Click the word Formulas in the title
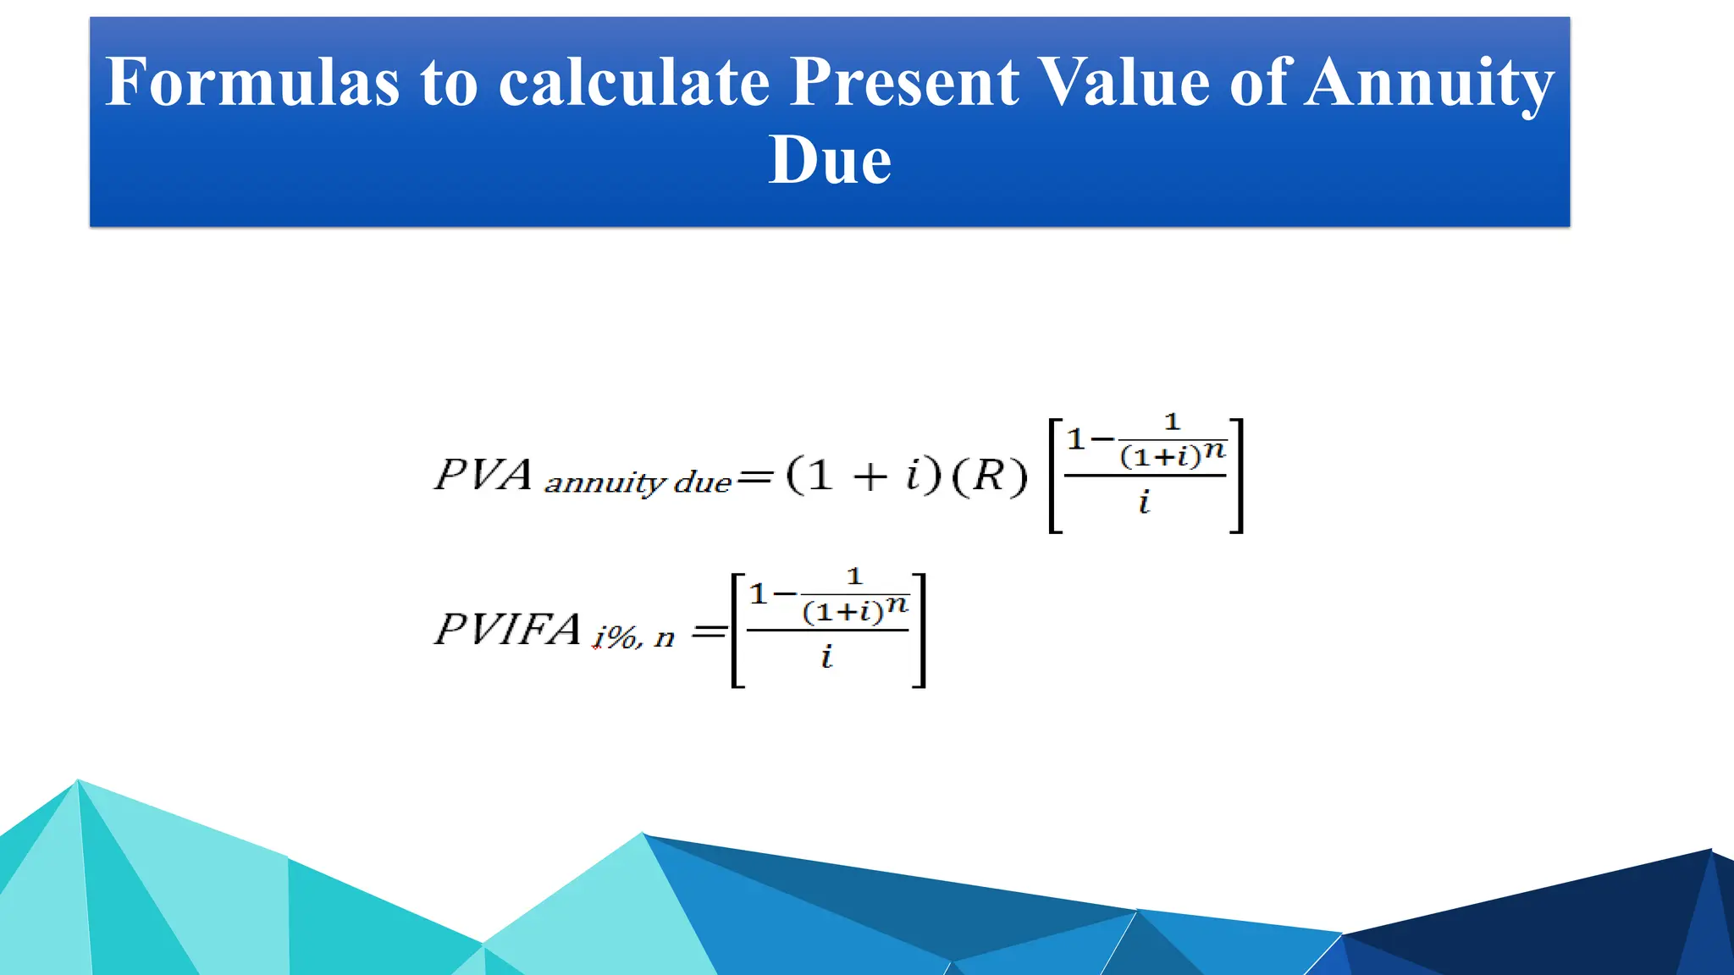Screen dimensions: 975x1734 pyautogui.click(x=252, y=82)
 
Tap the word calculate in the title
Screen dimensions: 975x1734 pyautogui.click(x=634, y=82)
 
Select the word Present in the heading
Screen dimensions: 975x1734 pyautogui.click(x=904, y=82)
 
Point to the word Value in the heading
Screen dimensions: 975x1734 pyautogui.click(x=1124, y=82)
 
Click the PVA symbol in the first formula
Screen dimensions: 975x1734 pyautogui.click(x=483, y=474)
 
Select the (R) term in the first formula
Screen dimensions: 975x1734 pyautogui.click(x=990, y=476)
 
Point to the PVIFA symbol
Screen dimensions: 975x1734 pyautogui.click(x=507, y=630)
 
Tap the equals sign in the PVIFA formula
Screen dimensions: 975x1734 pyautogui.click(x=710, y=631)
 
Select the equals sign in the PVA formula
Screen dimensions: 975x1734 pyautogui.click(x=754, y=478)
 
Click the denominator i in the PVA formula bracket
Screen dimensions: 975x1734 pyautogui.click(x=1145, y=502)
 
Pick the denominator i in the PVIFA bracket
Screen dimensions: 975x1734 pyautogui.click(x=827, y=656)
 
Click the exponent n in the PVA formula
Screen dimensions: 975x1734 pyautogui.click(x=1215, y=450)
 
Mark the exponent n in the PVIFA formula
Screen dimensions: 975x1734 pyautogui.click(x=897, y=605)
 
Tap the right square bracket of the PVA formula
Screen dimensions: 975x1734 pyautogui.click(x=1237, y=475)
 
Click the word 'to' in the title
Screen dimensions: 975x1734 pyautogui.click(x=449, y=82)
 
